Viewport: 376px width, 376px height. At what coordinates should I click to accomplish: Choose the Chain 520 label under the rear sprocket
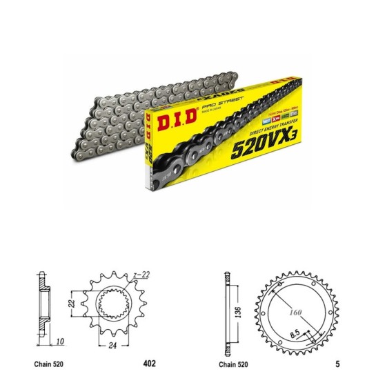point(235,362)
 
